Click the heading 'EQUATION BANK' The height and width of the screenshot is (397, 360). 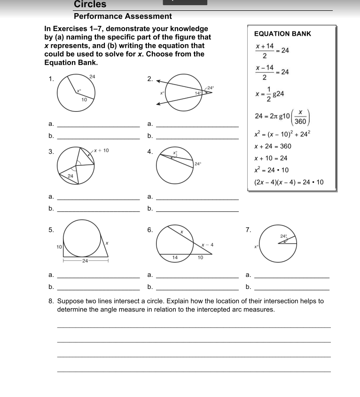(x=282, y=34)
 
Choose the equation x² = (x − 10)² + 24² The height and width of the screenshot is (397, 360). (x=282, y=134)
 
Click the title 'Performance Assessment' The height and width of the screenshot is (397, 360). (x=123, y=16)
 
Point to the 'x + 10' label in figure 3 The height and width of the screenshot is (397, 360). (x=101, y=150)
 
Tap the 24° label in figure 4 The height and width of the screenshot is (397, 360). (x=197, y=164)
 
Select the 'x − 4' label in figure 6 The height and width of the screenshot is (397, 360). (x=207, y=245)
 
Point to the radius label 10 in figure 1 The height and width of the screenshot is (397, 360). (x=84, y=100)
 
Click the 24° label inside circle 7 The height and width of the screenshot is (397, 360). (x=283, y=235)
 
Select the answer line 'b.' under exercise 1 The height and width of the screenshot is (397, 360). (x=99, y=139)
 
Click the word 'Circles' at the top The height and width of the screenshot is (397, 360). (x=90, y=4)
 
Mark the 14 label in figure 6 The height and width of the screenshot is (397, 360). (x=175, y=257)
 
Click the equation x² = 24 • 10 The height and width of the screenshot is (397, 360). (x=271, y=170)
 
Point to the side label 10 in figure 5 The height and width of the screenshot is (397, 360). (x=59, y=247)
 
